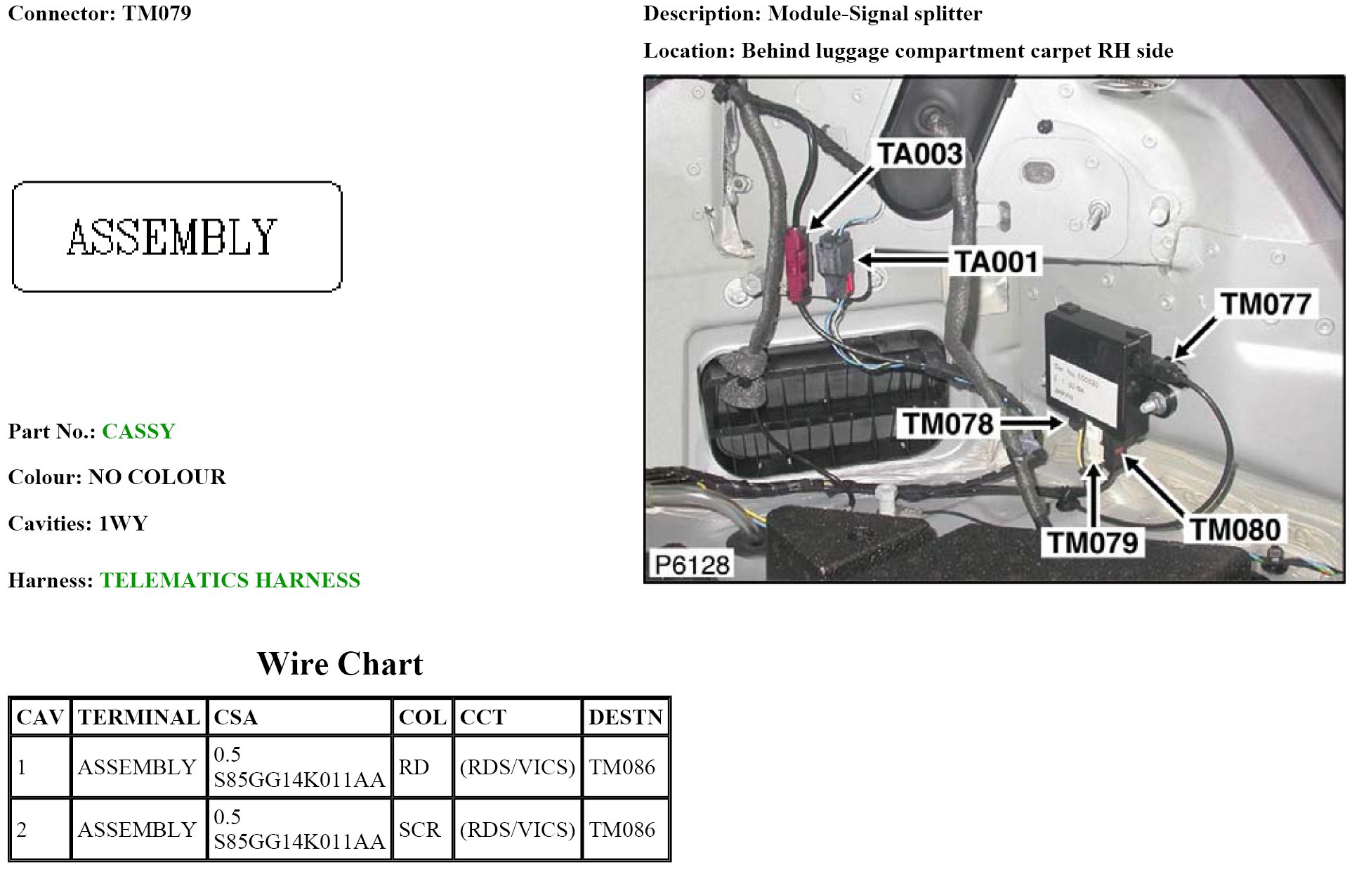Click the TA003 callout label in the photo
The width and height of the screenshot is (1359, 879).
click(920, 154)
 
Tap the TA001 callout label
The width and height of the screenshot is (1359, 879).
click(996, 262)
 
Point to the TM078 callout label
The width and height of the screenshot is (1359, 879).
click(948, 424)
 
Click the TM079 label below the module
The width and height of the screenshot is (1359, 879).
click(1093, 542)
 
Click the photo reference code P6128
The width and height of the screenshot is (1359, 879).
click(692, 564)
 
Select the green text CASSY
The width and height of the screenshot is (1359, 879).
click(138, 431)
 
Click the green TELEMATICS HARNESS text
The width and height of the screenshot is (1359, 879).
click(230, 580)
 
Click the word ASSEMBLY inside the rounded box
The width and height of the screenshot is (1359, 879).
click(172, 237)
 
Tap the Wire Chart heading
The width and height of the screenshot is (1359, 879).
click(340, 664)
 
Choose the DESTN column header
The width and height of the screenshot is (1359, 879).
click(625, 717)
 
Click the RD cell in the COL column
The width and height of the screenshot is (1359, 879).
click(414, 767)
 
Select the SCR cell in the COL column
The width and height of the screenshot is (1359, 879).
click(419, 830)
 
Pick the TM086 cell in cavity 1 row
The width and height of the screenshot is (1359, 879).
click(622, 767)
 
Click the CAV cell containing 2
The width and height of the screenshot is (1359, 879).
click(22, 830)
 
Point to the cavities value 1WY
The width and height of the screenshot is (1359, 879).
click(123, 523)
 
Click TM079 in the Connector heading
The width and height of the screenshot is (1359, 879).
click(157, 13)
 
